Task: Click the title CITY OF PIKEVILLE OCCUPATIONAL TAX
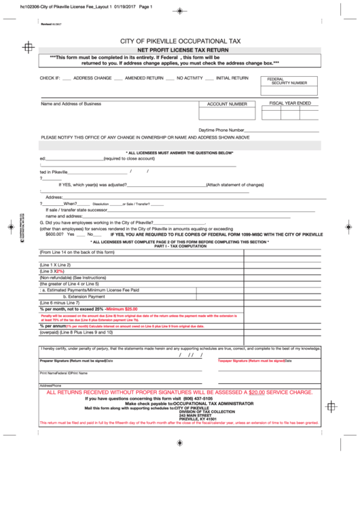click(180, 41)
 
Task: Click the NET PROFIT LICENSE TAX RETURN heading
click(180, 51)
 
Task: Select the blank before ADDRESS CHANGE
click(67, 79)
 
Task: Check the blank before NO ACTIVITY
click(170, 79)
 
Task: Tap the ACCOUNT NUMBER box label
click(227, 105)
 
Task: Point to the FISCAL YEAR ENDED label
click(290, 103)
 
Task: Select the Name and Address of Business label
click(71, 104)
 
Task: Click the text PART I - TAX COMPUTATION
click(179, 245)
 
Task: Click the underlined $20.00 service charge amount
click(256, 393)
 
